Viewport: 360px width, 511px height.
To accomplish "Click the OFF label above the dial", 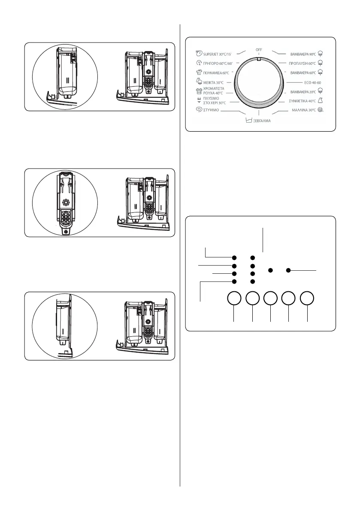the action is pyautogui.click(x=259, y=50).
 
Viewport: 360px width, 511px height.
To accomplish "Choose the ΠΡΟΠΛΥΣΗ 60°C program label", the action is pyautogui.click(x=303, y=63).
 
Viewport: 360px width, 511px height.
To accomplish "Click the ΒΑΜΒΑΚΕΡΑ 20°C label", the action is pyautogui.click(x=303, y=91).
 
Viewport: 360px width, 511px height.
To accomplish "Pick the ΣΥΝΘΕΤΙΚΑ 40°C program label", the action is pyautogui.click(x=302, y=101).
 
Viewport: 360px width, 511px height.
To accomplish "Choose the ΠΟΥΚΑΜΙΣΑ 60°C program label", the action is pyautogui.click(x=215, y=73).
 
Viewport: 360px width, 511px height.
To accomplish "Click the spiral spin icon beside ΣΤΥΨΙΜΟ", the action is pyautogui.click(x=198, y=110).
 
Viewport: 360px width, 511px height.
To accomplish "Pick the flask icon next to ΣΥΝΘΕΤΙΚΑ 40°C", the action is pyautogui.click(x=326, y=100).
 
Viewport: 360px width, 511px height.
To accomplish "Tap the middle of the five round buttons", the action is pyautogui.click(x=270, y=299).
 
